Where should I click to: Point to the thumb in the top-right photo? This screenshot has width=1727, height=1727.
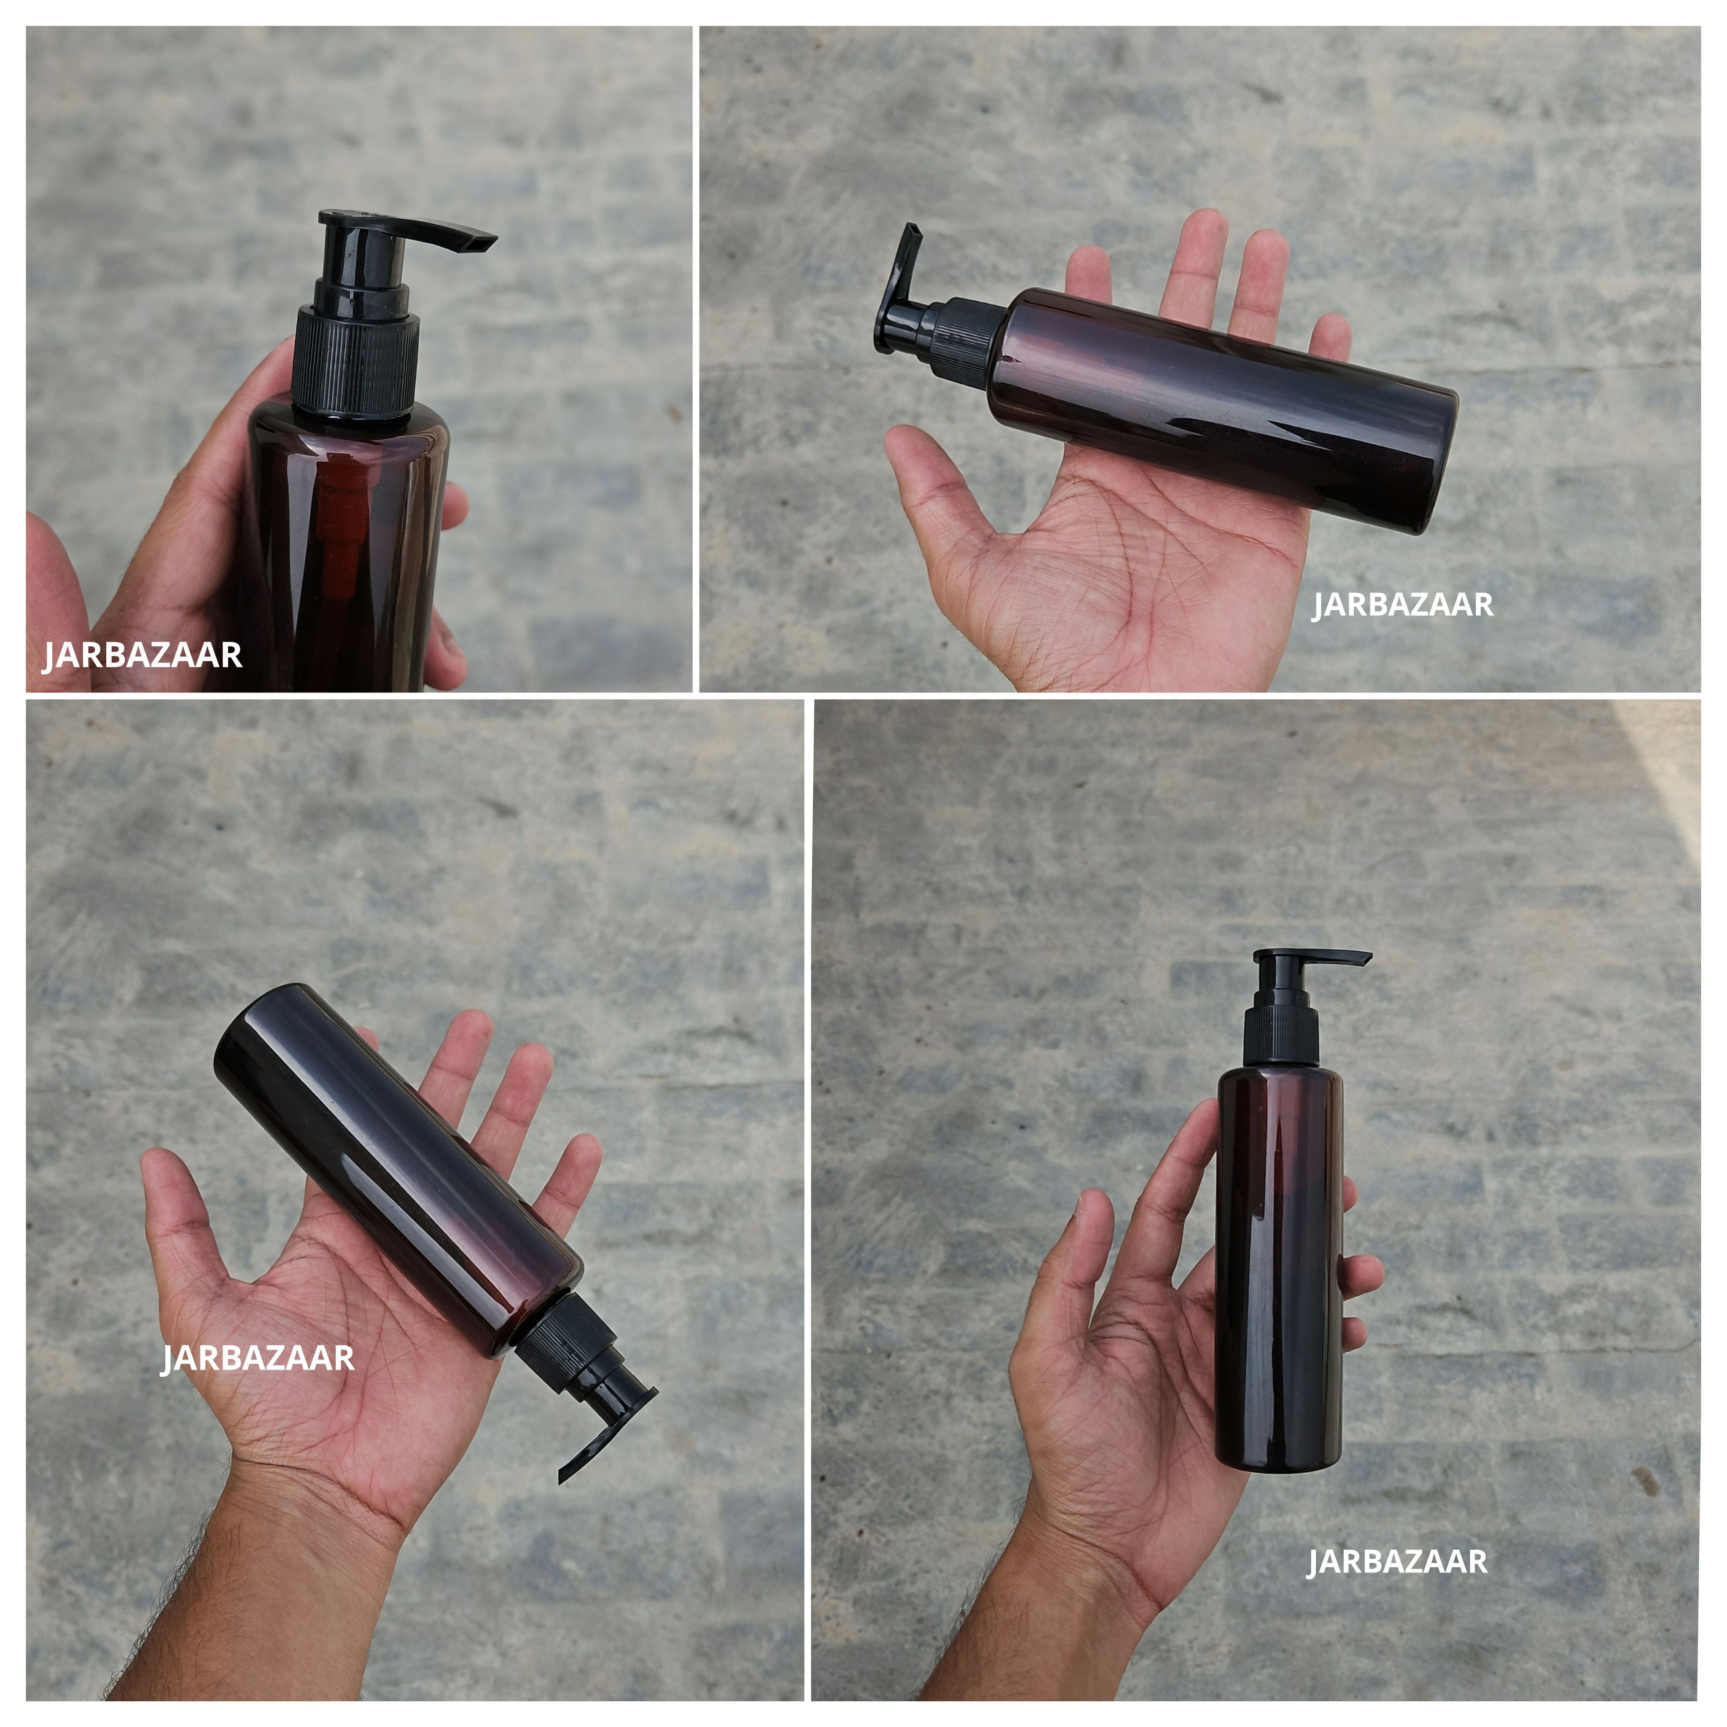click(921, 456)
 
